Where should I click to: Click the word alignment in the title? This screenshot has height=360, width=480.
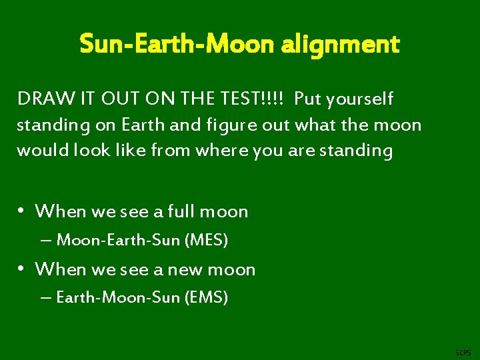(341, 45)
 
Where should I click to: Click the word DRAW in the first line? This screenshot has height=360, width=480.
(39, 99)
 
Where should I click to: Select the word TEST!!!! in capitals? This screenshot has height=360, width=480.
(252, 99)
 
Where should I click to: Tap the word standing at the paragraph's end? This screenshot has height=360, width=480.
(355, 150)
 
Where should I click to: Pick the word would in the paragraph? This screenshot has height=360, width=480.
(38, 150)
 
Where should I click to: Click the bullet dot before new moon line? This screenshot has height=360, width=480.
(22, 269)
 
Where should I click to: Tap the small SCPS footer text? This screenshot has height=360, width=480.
(462, 351)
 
